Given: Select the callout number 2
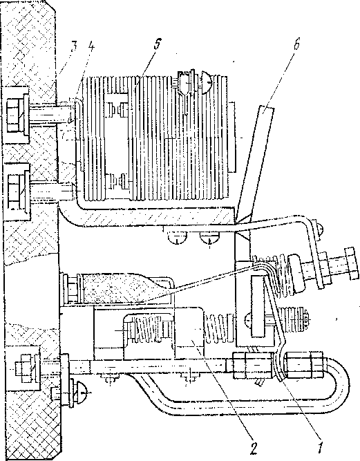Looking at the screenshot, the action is (x=254, y=449).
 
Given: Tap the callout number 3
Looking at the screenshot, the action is (x=74, y=47).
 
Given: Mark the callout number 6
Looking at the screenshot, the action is (x=296, y=44).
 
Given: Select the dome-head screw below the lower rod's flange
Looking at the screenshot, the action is (x=82, y=393).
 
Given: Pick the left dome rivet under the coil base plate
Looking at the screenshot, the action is (x=177, y=237).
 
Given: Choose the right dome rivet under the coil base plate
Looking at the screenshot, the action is (x=209, y=237).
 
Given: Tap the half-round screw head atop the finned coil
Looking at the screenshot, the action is (x=207, y=81).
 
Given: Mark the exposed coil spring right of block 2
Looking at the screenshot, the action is (x=220, y=328).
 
